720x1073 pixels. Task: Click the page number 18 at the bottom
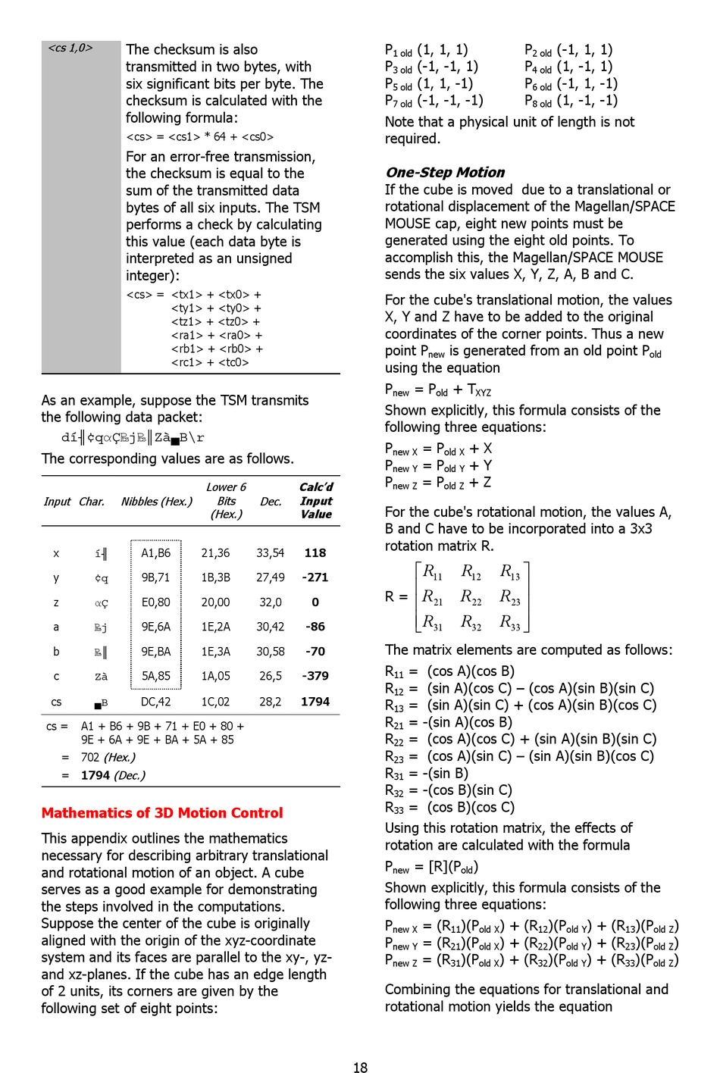(x=360, y=1067)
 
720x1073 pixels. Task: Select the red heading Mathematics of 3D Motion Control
(x=162, y=813)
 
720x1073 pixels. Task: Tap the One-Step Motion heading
(x=445, y=172)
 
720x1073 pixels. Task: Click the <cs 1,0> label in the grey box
(x=70, y=48)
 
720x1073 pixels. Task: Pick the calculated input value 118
(x=315, y=553)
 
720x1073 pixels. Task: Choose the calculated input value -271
(x=315, y=577)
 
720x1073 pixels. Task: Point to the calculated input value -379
(x=315, y=676)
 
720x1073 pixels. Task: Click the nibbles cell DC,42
(x=155, y=702)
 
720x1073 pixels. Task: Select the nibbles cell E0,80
(x=155, y=602)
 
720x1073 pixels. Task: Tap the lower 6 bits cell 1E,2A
(x=215, y=627)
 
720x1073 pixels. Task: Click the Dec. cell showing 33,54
(x=270, y=553)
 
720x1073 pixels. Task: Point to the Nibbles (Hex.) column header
(x=157, y=502)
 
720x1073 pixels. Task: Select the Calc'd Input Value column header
(x=316, y=501)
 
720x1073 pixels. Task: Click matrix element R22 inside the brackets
(x=471, y=597)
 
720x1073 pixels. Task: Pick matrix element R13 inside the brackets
(x=510, y=571)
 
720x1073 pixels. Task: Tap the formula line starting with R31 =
(x=427, y=774)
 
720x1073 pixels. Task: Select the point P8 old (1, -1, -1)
(x=571, y=101)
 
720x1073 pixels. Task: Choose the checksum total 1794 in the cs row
(x=315, y=702)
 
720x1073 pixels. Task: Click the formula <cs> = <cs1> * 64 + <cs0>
(x=200, y=137)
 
